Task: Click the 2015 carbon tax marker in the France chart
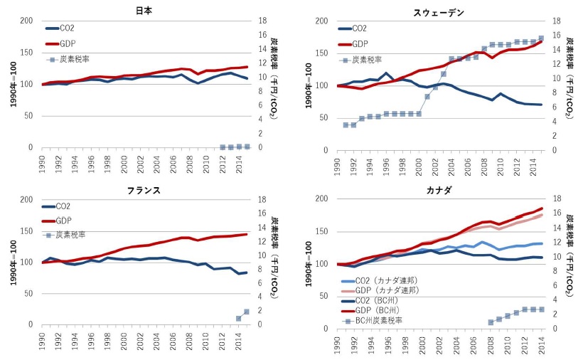pyautogui.click(x=247, y=312)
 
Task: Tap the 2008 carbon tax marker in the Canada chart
pyautogui.click(x=491, y=322)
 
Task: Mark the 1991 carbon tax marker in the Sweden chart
pyautogui.click(x=346, y=125)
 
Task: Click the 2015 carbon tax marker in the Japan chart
pyautogui.click(x=247, y=147)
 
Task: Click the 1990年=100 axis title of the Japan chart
pyautogui.click(x=12, y=84)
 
